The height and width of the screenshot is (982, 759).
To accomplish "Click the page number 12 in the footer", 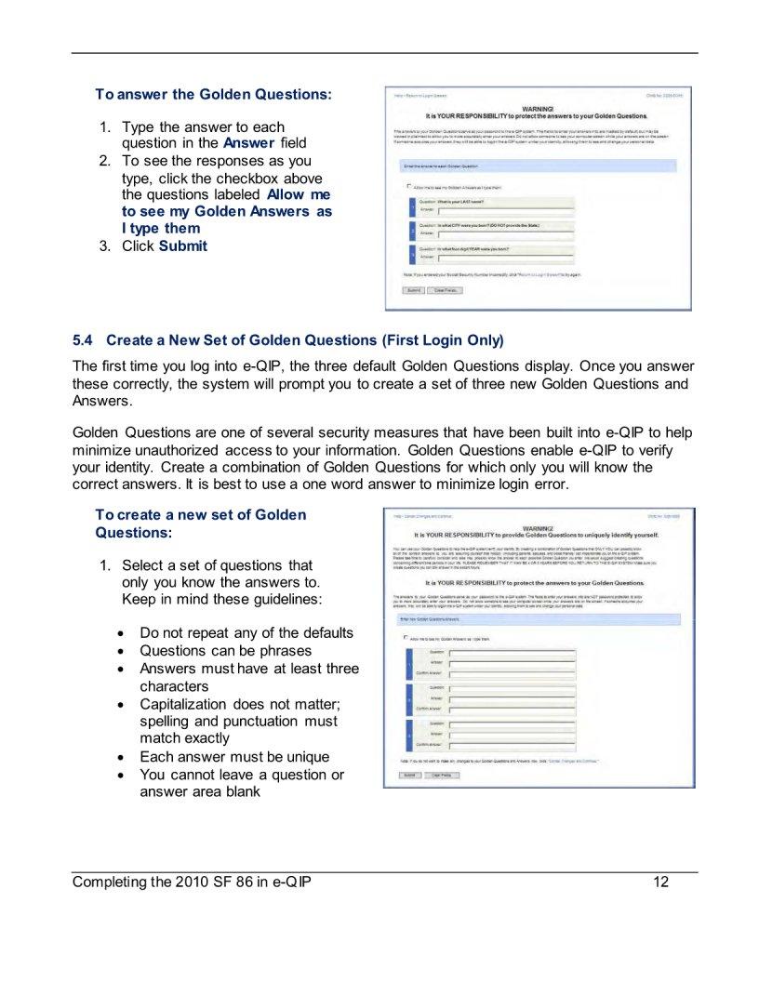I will [661, 882].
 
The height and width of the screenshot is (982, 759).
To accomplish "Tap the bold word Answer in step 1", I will [248, 143].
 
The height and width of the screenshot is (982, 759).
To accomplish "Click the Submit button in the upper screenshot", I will [413, 290].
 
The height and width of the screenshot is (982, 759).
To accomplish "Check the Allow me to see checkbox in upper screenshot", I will [408, 186].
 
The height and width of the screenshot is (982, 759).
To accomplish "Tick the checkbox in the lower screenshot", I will [406, 639].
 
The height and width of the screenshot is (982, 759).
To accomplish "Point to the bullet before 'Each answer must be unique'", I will [125, 758].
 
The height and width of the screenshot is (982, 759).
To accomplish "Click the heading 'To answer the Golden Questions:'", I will [213, 95].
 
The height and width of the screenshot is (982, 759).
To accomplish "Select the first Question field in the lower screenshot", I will [512, 653].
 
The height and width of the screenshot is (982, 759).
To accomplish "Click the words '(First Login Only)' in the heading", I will [443, 339].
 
